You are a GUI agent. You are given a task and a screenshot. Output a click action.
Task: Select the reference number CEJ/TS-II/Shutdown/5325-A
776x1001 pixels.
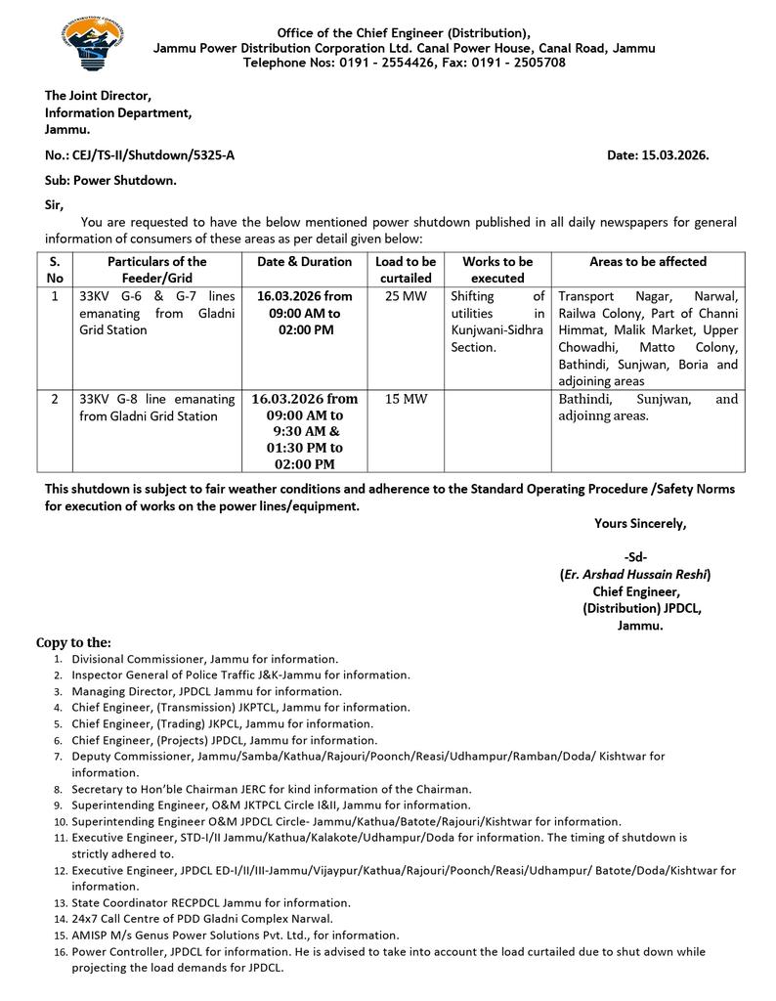click(153, 154)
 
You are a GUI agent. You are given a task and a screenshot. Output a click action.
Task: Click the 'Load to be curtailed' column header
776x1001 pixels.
click(406, 269)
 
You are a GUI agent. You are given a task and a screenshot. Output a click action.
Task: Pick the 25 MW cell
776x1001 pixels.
click(406, 296)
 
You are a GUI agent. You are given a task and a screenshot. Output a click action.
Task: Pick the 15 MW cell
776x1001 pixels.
click(406, 399)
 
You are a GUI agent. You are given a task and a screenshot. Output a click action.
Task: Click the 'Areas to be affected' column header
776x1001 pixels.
click(647, 262)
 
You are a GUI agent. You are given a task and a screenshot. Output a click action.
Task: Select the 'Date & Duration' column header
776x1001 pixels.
click(304, 262)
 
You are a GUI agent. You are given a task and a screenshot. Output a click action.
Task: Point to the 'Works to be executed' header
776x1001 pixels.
click(497, 269)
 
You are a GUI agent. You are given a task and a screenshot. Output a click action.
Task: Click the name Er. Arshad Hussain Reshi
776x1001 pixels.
click(635, 575)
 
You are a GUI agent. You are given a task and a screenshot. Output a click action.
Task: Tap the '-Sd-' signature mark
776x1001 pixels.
click(635, 557)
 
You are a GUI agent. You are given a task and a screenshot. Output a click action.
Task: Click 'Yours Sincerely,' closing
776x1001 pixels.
click(640, 524)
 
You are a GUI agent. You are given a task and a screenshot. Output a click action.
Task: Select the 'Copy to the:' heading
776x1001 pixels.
click(73, 642)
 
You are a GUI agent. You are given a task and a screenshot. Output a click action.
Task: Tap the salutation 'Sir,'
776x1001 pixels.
click(54, 204)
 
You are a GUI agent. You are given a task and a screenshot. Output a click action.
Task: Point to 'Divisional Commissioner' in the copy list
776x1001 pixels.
click(137, 659)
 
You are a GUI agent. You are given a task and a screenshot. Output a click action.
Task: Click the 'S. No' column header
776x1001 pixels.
click(55, 269)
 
